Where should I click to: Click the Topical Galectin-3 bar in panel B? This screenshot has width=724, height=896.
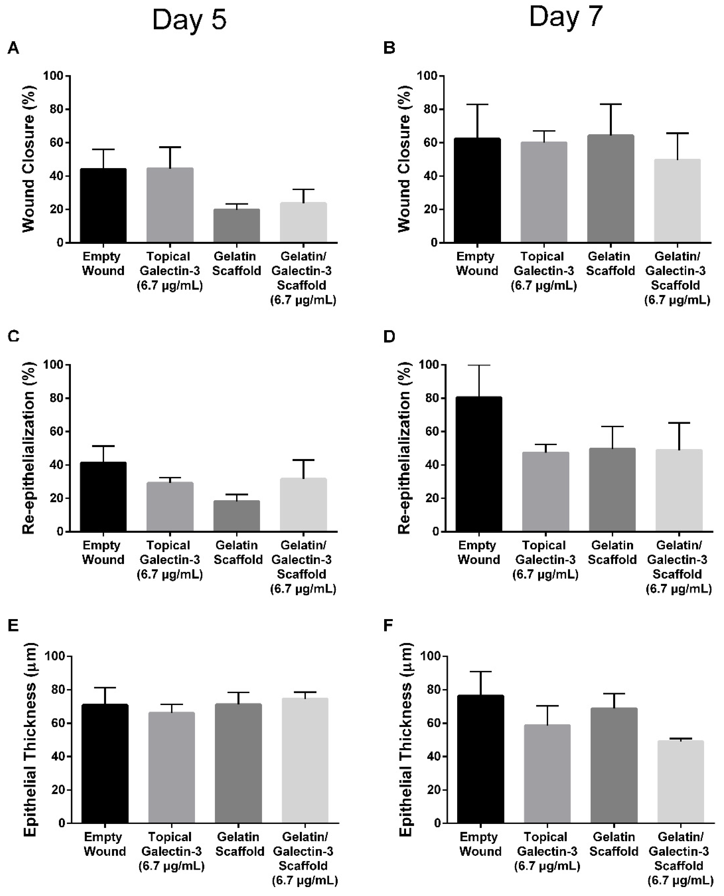click(543, 192)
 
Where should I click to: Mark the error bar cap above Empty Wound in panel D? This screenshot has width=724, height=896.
click(479, 365)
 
